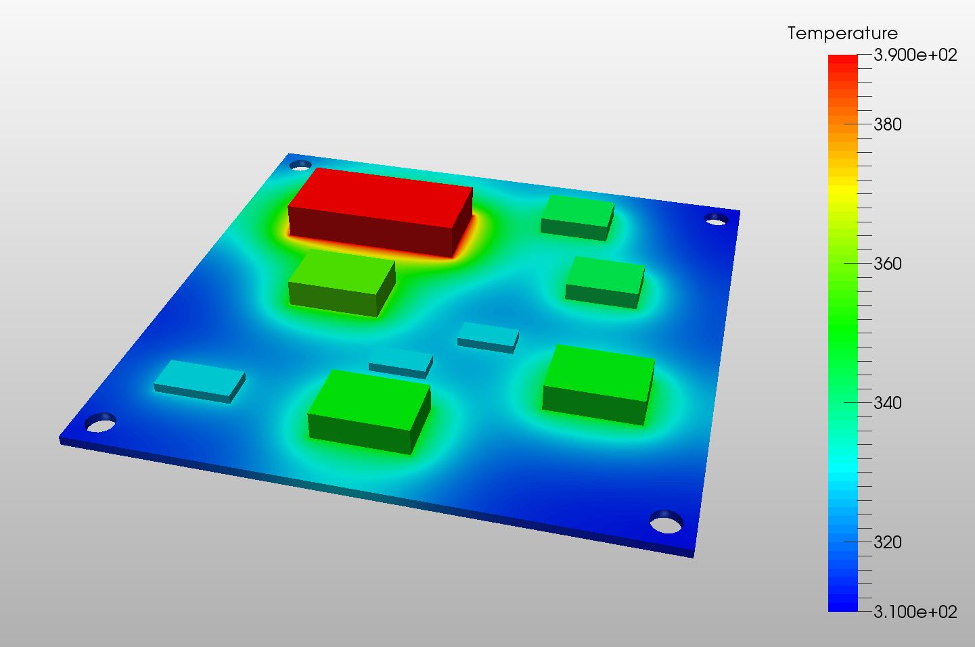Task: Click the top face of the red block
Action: coord(380,197)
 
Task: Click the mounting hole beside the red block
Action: coord(300,165)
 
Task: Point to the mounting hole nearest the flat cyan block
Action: coord(100,423)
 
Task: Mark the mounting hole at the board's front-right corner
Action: coord(666,522)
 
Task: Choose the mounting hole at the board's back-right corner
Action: coord(716,219)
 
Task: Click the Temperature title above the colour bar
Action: coord(842,33)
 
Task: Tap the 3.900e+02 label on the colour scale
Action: coord(915,55)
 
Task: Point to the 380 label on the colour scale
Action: coord(888,124)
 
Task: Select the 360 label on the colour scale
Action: coord(888,264)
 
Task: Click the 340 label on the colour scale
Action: coord(888,403)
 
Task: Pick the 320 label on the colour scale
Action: coord(888,542)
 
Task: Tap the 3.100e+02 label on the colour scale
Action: coord(915,612)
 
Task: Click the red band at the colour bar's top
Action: coord(842,61)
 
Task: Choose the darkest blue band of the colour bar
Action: coord(842,606)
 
